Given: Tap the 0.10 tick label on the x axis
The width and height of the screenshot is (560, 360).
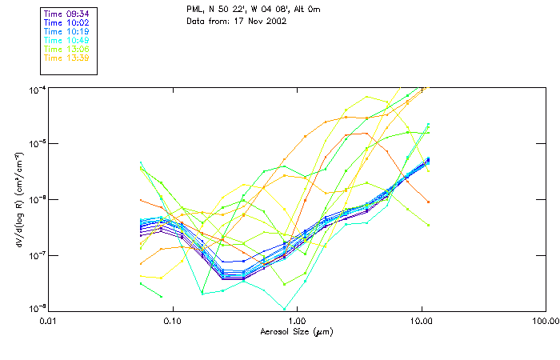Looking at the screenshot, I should tap(172, 320).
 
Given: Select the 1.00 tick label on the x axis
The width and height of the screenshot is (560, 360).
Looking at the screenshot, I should tap(297, 320).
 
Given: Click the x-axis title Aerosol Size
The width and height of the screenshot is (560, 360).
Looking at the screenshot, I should tap(296, 330).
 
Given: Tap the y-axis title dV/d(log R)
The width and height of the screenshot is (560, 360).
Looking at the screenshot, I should tap(18, 198).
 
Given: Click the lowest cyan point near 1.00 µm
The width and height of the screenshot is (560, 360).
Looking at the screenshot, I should tap(285, 308).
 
